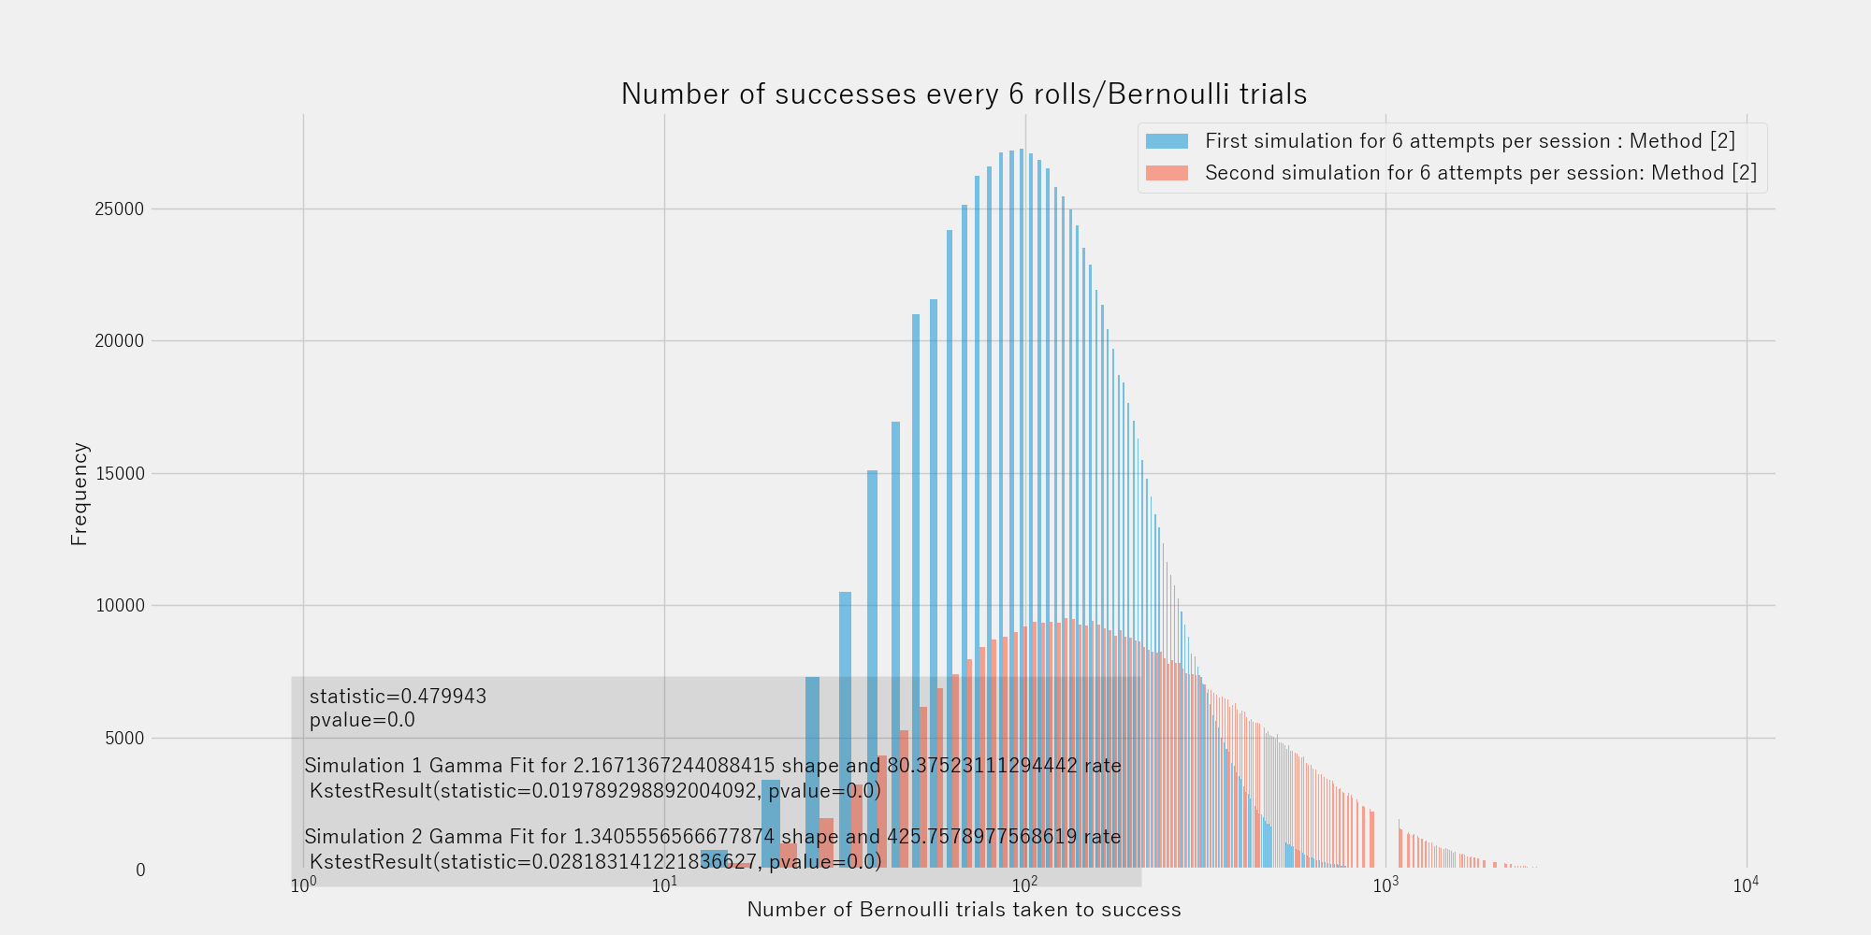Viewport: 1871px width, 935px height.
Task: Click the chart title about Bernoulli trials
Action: [x=964, y=94]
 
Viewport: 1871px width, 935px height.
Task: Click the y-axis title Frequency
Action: [x=80, y=494]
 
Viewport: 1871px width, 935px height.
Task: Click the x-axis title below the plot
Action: [x=964, y=910]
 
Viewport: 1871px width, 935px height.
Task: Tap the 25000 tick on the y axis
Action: [x=120, y=209]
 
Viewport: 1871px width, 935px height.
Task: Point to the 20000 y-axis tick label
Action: [x=120, y=341]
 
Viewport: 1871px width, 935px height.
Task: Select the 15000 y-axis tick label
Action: [x=120, y=474]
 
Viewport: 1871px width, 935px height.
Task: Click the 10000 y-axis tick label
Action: [x=120, y=606]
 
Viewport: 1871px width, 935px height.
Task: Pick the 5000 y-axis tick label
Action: [x=124, y=739]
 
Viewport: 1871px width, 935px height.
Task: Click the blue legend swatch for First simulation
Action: [x=1167, y=141]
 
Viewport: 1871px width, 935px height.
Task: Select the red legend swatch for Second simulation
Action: [x=1167, y=173]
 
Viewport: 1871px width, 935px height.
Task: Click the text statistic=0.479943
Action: [x=398, y=697]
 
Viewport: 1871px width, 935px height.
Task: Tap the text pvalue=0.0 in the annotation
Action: [x=362, y=721]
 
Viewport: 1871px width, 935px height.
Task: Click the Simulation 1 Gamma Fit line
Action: [x=712, y=767]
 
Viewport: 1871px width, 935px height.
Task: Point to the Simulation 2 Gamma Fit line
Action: [x=712, y=837]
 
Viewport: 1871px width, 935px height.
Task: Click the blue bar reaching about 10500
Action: [x=845, y=654]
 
